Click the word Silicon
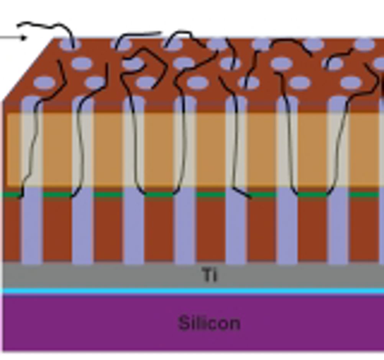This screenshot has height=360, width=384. [210, 323]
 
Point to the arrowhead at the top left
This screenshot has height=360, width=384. [24, 38]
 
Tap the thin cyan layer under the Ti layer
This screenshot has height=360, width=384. [193, 291]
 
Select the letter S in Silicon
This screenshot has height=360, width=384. [184, 323]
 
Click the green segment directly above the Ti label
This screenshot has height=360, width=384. [211, 195]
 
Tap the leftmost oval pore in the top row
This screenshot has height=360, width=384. [70, 44]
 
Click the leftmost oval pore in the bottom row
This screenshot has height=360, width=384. [44, 82]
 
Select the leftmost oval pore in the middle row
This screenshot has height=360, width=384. [82, 63]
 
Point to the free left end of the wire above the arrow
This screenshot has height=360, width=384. [18, 25]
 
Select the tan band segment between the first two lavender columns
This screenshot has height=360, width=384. [57, 150]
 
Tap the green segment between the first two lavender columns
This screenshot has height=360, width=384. [57, 195]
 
